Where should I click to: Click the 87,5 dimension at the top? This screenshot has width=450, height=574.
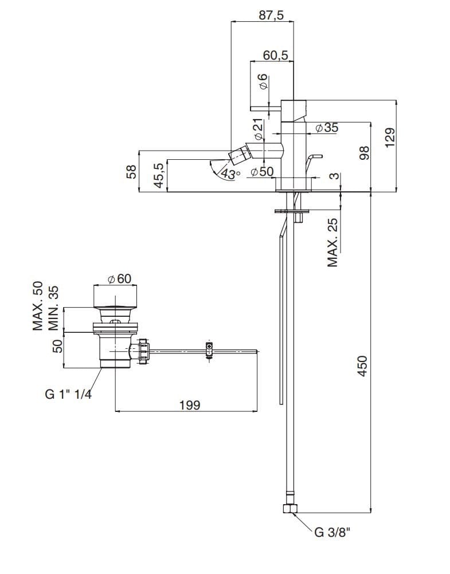(x=271, y=15)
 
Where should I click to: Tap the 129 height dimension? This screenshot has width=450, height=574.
(x=389, y=139)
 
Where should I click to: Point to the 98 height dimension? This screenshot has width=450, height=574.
(x=363, y=152)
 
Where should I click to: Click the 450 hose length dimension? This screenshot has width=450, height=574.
(x=362, y=365)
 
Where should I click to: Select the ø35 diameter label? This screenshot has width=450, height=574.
(x=326, y=128)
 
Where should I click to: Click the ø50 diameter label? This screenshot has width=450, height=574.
(x=262, y=171)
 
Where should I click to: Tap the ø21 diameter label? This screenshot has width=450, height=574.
(x=258, y=129)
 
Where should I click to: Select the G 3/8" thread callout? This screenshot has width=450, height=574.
(x=332, y=533)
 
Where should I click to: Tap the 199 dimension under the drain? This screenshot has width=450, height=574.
(x=189, y=405)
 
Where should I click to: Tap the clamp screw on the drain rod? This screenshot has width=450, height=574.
(x=209, y=348)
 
